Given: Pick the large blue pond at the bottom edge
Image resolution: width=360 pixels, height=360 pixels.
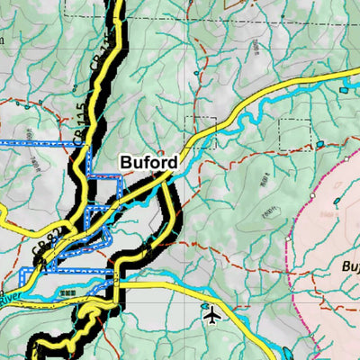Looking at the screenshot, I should pos(288,353).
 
